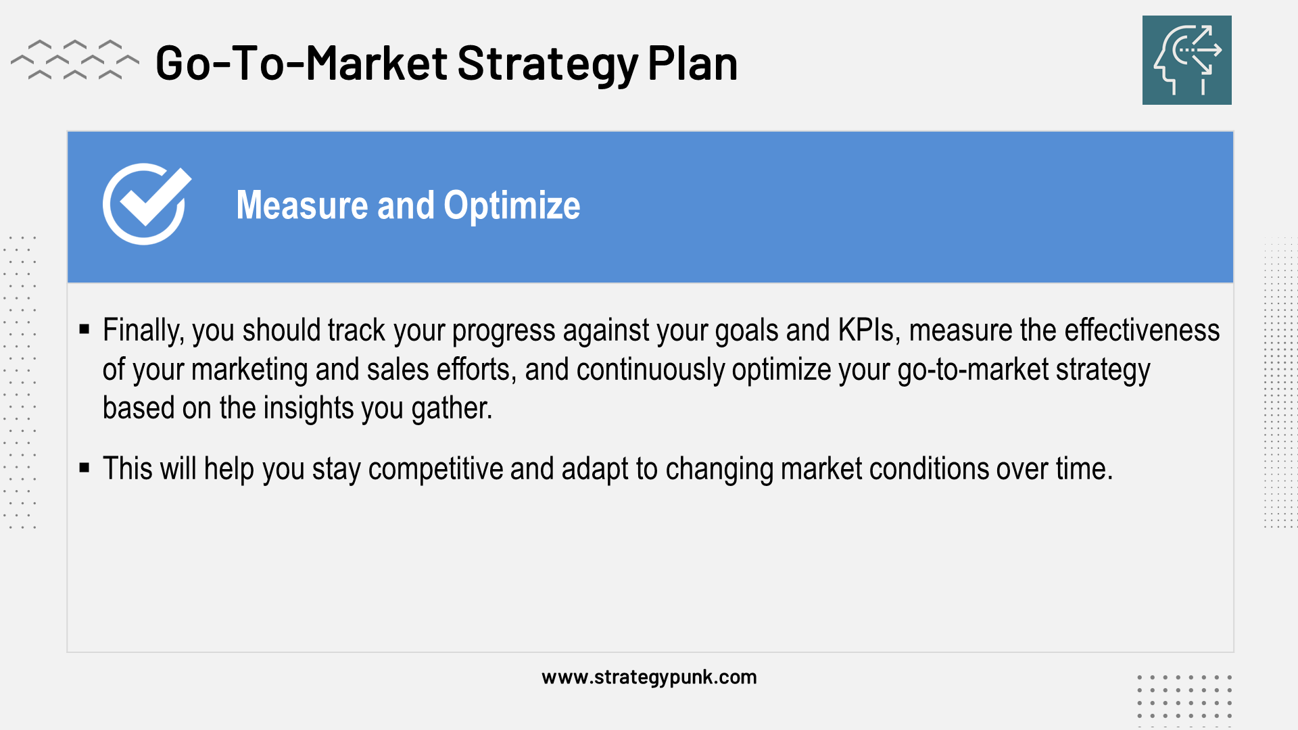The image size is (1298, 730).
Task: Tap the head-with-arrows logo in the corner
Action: [1186, 60]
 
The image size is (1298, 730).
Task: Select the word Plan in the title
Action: [692, 64]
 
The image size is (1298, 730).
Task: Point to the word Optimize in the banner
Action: [512, 207]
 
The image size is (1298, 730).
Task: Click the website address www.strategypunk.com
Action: [649, 677]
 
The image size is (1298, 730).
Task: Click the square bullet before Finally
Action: [85, 329]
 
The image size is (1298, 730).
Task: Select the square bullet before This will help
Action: [85, 468]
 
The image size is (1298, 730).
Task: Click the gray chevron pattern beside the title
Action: [75, 59]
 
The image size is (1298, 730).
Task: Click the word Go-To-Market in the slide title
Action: [302, 64]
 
